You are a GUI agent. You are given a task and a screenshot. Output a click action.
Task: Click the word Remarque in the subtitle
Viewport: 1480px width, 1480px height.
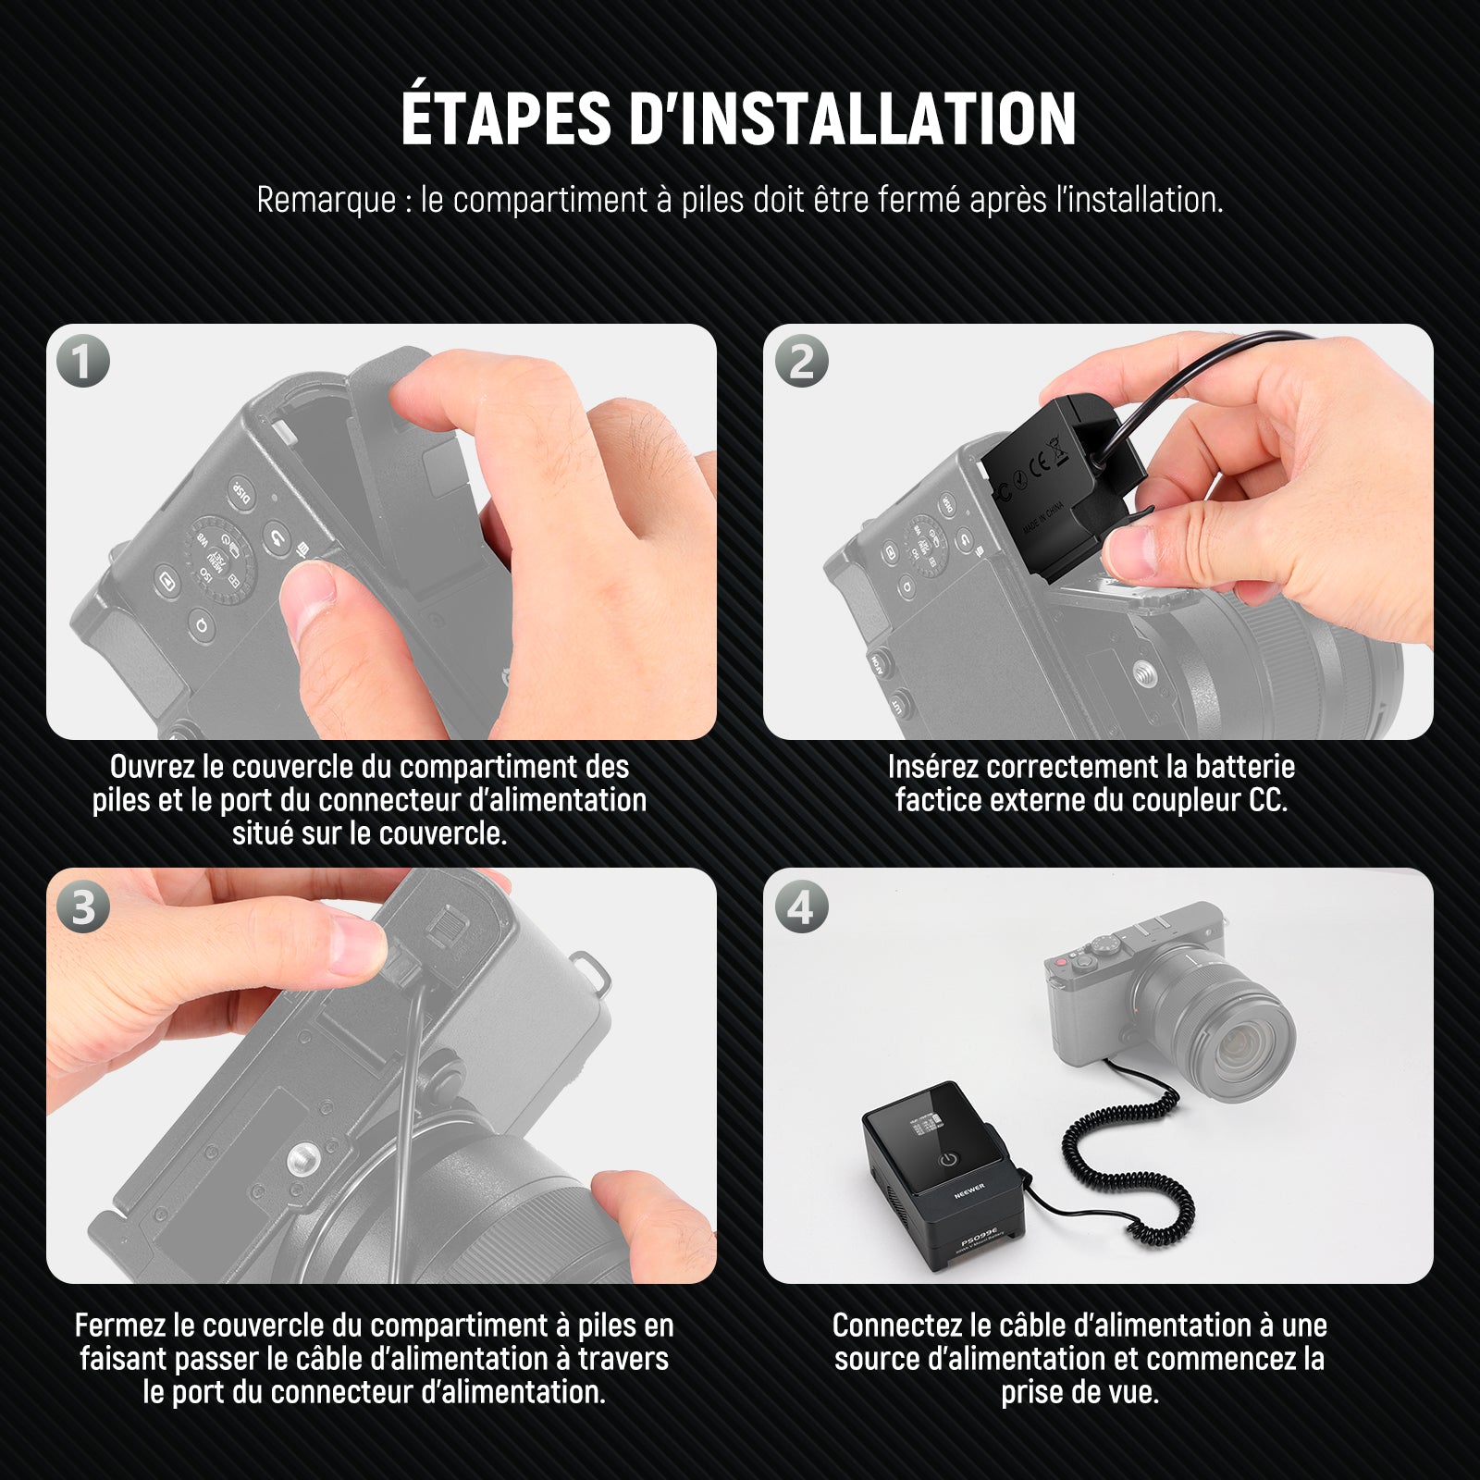(326, 200)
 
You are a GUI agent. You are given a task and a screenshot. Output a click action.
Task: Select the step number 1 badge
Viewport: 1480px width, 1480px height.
(83, 361)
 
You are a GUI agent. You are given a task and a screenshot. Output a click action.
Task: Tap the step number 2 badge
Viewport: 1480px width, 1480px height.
(801, 361)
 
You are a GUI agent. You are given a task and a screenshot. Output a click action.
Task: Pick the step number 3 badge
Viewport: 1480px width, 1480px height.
(83, 906)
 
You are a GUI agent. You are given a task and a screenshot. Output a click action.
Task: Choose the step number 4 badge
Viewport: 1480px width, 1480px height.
(801, 906)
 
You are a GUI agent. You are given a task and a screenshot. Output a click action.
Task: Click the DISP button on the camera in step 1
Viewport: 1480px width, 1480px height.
(240, 493)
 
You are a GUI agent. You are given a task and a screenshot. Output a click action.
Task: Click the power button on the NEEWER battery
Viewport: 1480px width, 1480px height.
(949, 1160)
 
